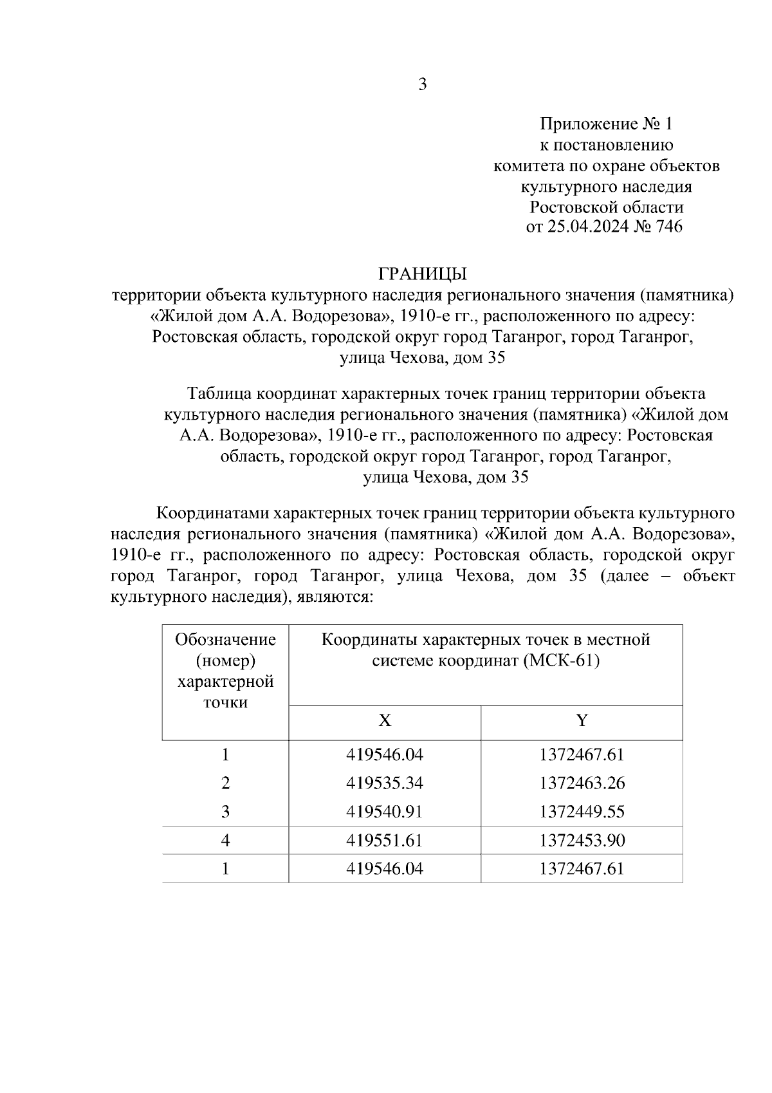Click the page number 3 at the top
tap(423, 84)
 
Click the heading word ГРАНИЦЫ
tap(422, 274)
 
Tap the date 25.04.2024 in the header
tap(587, 227)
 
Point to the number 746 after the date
tap(668, 227)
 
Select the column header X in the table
tap(385, 720)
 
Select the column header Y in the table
tap(582, 720)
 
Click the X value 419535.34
tap(385, 783)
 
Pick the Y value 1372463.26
tap(582, 783)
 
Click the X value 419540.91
tap(385, 812)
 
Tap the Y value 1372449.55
tap(582, 812)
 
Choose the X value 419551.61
tap(385, 840)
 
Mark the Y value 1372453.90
tap(582, 840)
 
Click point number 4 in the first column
tap(225, 840)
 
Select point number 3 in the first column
tap(225, 812)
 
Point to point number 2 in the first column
tap(225, 783)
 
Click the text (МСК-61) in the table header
tap(561, 661)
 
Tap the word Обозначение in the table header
tap(225, 640)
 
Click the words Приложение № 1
tap(605, 124)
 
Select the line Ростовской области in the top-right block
tap(606, 207)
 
